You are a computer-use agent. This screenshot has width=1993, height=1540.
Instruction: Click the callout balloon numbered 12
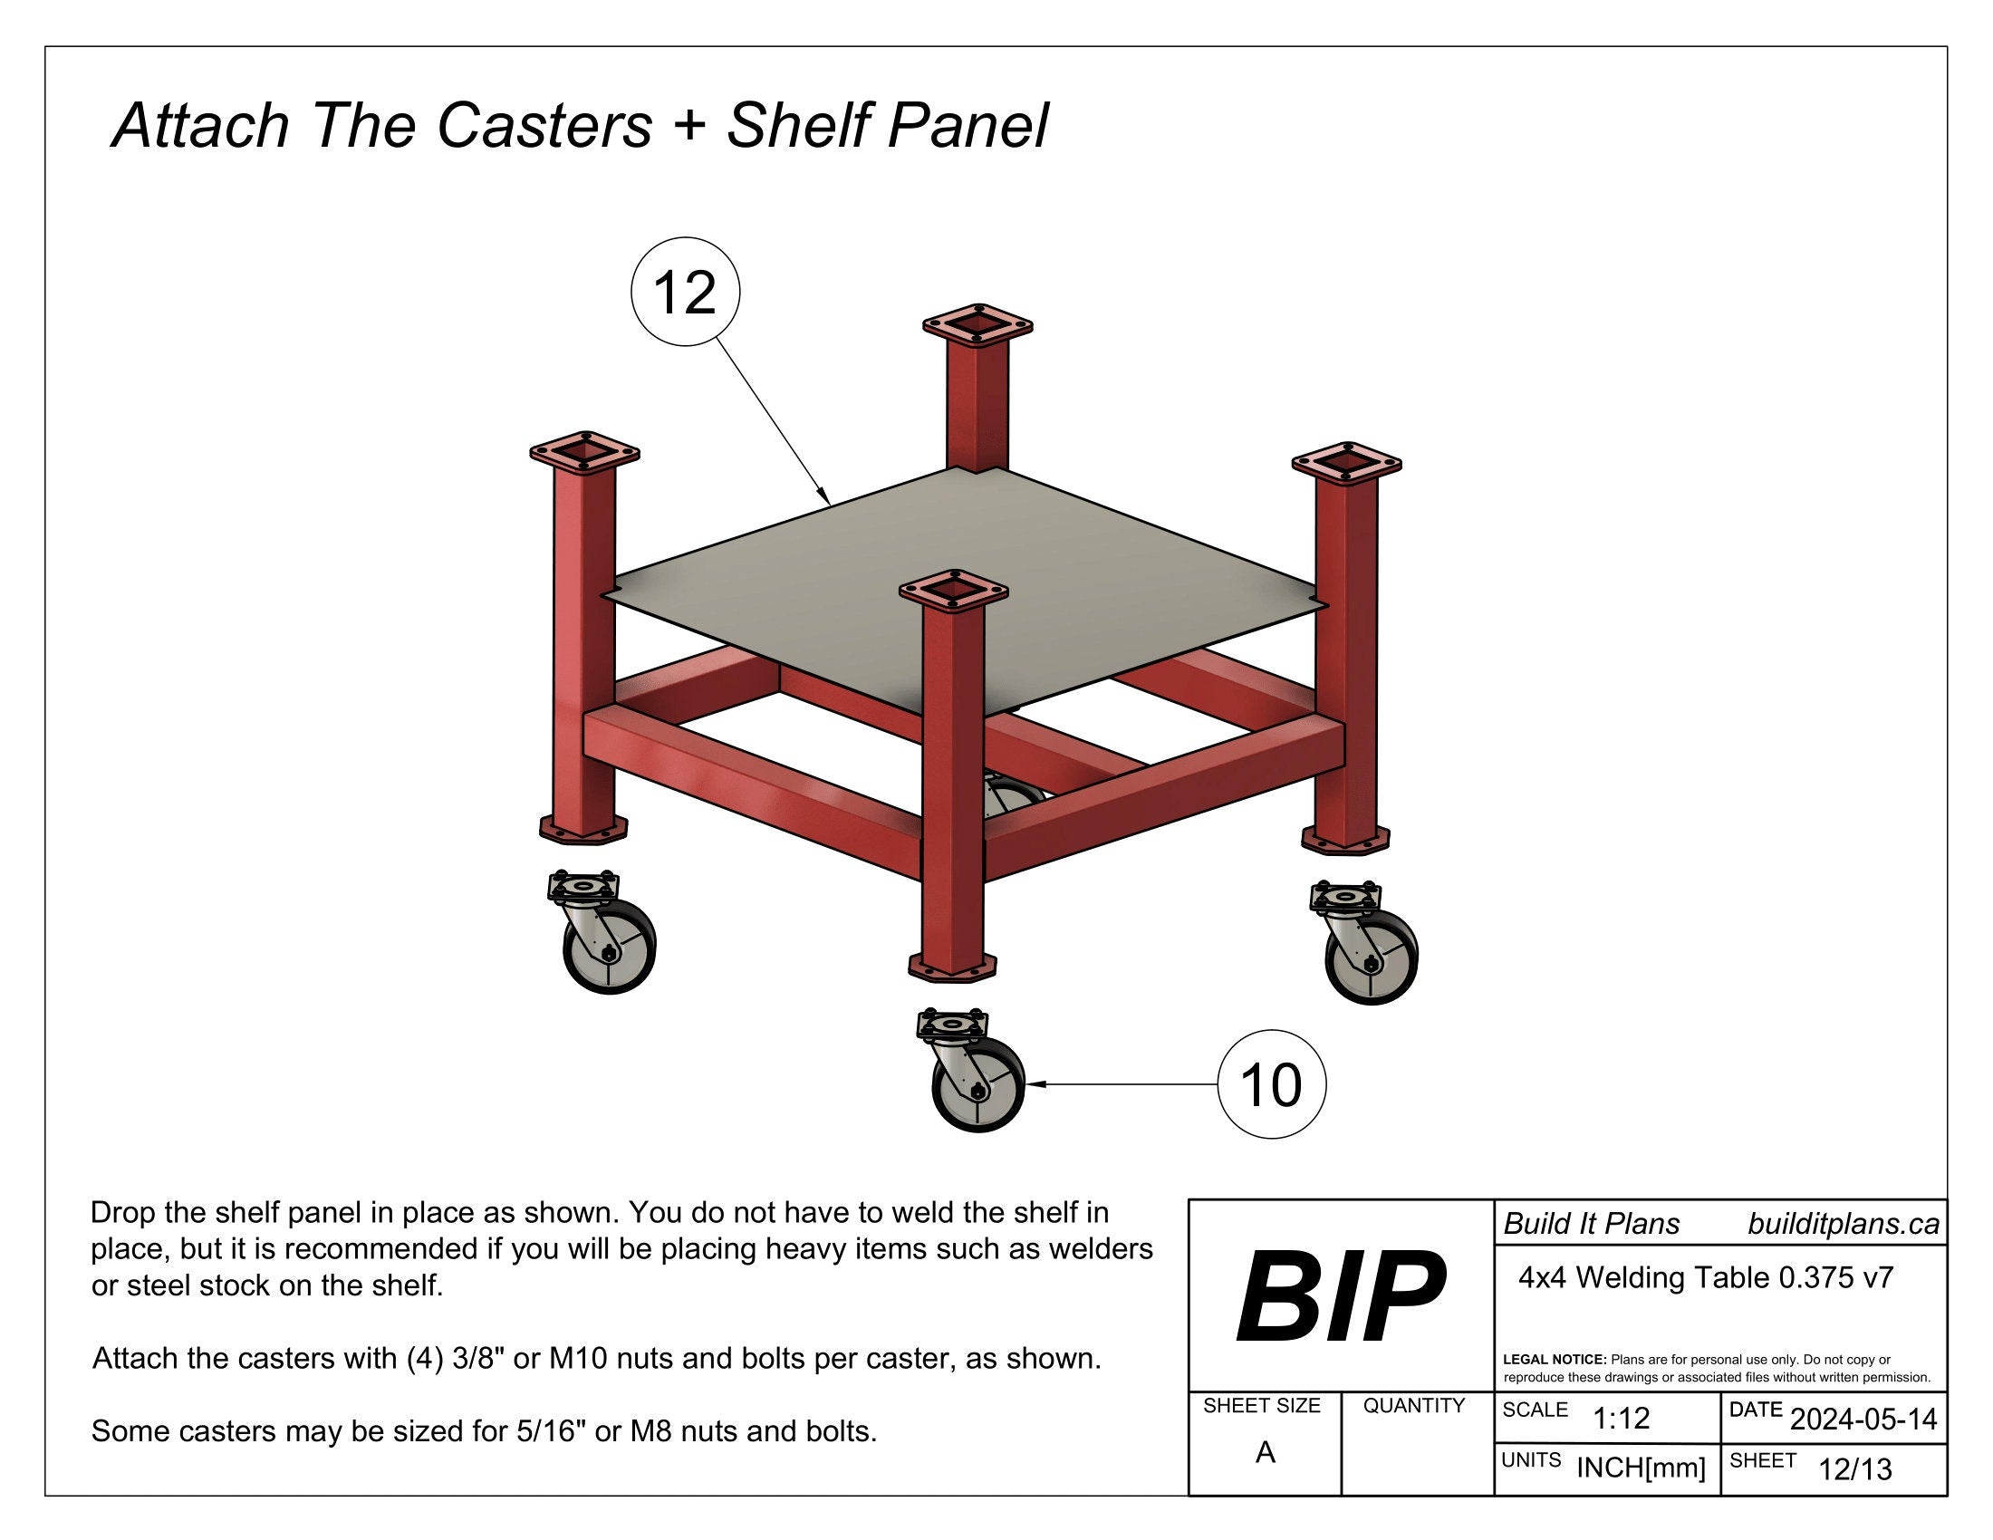(686, 292)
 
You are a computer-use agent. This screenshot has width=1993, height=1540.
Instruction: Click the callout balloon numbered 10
(1271, 1084)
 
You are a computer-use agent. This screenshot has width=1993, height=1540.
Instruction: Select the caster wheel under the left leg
(609, 947)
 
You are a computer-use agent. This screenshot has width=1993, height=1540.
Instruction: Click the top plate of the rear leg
(977, 325)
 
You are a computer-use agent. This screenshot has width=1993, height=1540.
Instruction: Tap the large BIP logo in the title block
(1340, 1296)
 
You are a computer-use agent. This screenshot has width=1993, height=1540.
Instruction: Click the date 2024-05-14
(1863, 1420)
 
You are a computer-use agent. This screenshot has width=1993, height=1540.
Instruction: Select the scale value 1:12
(1621, 1419)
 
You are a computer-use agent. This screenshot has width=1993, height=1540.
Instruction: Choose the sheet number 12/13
(1854, 1469)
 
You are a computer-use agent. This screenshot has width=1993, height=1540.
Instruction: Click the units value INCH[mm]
(1640, 1468)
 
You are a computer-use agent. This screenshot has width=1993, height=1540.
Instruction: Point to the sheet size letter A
(1265, 1452)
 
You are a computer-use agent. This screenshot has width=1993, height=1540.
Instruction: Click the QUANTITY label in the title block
(1413, 1406)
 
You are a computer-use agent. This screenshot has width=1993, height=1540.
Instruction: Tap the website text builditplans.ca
(1843, 1225)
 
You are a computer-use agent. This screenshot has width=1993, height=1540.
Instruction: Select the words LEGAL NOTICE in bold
(1554, 1360)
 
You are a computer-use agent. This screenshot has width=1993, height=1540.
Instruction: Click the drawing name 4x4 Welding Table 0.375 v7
(1706, 1278)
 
